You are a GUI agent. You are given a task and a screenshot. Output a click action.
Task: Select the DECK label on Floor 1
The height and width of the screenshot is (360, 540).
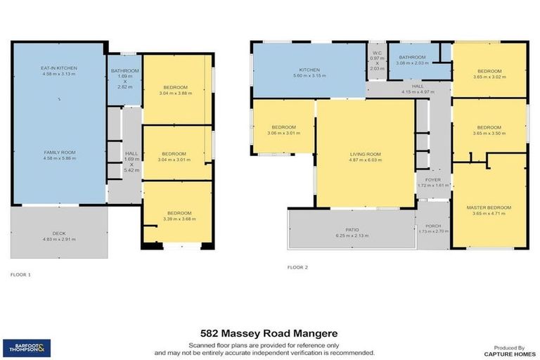(59, 233)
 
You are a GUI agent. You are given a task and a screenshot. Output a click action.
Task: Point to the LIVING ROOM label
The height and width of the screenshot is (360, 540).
(365, 154)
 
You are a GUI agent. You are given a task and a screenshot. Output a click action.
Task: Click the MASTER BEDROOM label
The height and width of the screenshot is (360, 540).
(489, 207)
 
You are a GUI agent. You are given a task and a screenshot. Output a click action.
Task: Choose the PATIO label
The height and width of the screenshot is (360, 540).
(352, 229)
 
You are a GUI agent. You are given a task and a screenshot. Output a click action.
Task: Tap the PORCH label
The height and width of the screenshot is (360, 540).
(432, 226)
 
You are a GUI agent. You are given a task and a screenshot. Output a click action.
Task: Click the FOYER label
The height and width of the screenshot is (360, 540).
(432, 180)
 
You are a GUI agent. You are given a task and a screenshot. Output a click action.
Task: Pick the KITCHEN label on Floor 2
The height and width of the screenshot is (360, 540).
(309, 70)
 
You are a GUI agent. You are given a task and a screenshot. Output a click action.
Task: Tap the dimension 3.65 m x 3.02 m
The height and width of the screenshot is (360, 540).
(489, 77)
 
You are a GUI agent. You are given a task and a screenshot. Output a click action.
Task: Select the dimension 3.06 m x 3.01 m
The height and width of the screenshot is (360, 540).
(283, 133)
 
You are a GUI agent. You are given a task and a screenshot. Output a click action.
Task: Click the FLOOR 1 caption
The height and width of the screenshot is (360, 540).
(20, 274)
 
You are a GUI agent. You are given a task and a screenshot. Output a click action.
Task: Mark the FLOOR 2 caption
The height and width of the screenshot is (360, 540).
(297, 267)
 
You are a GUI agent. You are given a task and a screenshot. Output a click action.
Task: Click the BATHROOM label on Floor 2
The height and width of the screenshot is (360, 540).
(412, 58)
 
